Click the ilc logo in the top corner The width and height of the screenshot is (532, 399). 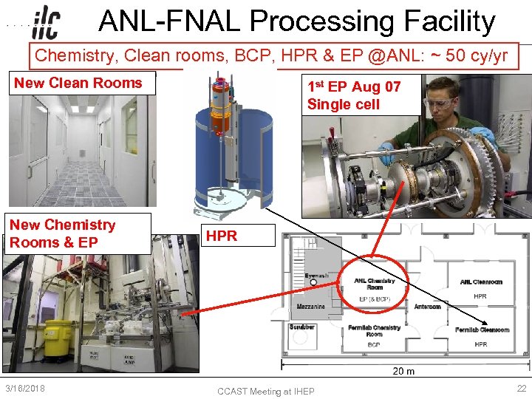tap(46, 24)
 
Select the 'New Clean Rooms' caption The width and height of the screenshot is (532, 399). tap(78, 83)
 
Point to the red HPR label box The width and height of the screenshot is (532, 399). tap(222, 236)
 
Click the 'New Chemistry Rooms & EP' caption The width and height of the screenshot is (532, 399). tap(63, 233)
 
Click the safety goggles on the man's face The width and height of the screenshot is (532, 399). tap(440, 104)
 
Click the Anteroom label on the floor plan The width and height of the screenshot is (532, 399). tap(427, 306)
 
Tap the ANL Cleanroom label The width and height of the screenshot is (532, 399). tap(481, 282)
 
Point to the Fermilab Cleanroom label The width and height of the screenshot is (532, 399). tap(482, 330)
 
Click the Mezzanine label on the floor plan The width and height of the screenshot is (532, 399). tap(310, 306)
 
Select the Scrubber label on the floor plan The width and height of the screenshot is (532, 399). tap(302, 327)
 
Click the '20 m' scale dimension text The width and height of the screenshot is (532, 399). tap(403, 371)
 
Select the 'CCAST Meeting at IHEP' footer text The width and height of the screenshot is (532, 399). tap(266, 391)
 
